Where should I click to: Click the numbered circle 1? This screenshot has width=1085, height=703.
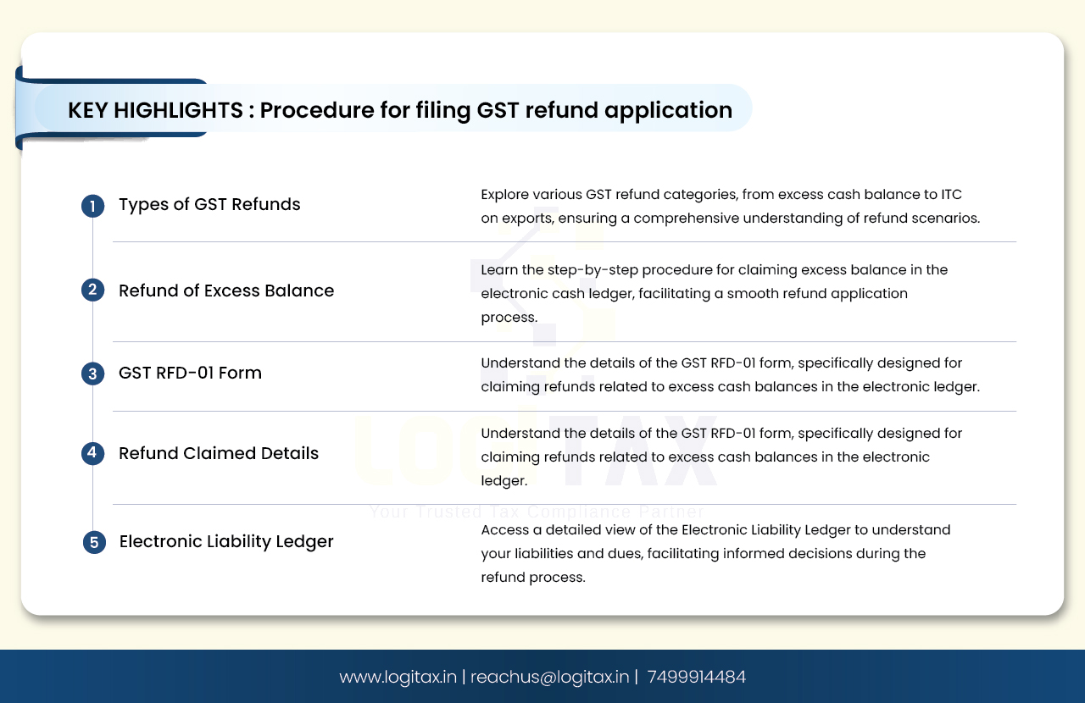92,206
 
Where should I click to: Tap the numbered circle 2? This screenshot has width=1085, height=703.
92,290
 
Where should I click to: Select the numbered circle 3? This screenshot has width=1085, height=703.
92,374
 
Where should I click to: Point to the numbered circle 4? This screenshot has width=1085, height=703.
92,453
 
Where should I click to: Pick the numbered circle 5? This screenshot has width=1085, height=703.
94,542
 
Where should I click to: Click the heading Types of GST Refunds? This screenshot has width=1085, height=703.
209,204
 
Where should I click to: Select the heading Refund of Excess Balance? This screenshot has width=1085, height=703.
226,291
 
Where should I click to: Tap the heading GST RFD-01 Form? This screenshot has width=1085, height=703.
190,373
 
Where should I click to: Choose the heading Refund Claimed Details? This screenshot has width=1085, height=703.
219,453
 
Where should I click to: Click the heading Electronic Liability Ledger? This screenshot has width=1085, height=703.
226,541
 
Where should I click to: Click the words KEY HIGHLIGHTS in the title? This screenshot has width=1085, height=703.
155,110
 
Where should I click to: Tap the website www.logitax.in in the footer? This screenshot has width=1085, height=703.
398,677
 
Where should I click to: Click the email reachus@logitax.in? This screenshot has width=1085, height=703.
550,677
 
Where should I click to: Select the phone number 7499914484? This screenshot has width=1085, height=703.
697,677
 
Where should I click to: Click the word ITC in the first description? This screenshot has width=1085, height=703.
951,195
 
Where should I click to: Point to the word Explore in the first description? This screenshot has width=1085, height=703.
504,195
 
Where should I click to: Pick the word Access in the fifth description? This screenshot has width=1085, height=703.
504,530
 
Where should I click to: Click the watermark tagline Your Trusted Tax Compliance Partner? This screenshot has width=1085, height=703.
537,512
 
